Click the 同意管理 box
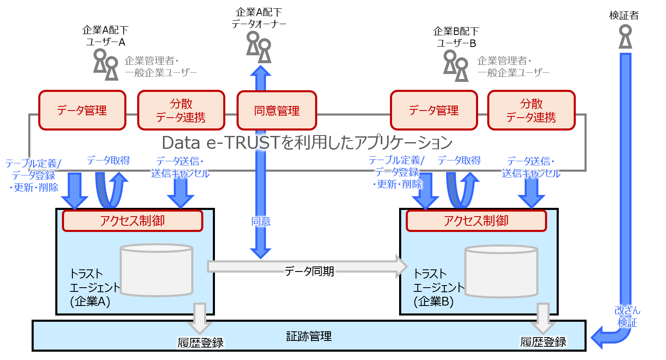(x=276, y=111)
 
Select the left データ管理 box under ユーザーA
(x=82, y=111)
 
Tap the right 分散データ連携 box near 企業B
(x=531, y=111)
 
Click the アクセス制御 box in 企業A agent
(x=132, y=221)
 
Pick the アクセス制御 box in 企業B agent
(x=476, y=221)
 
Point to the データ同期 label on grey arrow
(x=309, y=271)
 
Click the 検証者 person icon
(x=625, y=37)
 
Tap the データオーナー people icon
(x=259, y=47)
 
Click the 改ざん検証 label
(x=627, y=316)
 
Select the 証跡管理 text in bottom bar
(x=309, y=336)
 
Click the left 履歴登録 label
(x=200, y=343)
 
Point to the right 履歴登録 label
(x=543, y=342)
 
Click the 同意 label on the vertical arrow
(x=261, y=222)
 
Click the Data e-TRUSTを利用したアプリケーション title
(x=307, y=143)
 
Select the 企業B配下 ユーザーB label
(x=456, y=37)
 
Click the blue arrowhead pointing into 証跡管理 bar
(x=599, y=337)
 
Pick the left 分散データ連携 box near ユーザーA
(x=181, y=111)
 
